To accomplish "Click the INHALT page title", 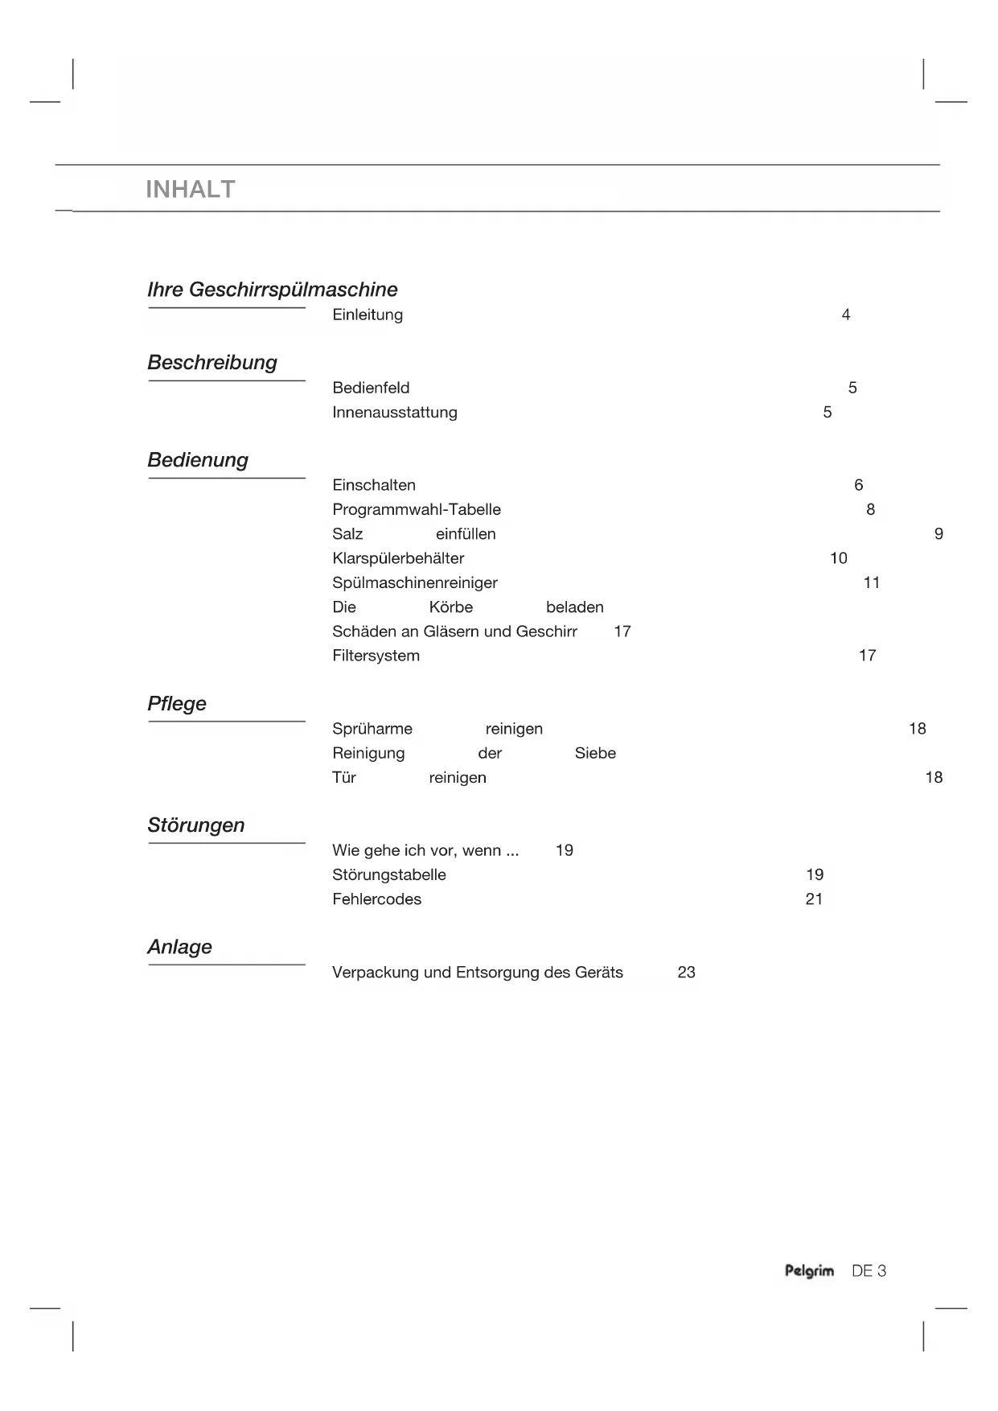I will point(191,190).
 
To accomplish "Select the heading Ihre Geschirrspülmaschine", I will point(272,290).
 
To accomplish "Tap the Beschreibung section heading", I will point(212,363).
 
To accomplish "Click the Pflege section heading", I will point(177,704).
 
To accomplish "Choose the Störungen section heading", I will point(195,825).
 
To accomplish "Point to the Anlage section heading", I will point(179,947).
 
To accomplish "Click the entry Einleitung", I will point(368,315).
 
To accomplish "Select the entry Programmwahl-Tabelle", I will point(417,510).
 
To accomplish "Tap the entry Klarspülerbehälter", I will point(398,558).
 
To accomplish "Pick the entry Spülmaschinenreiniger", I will point(415,583).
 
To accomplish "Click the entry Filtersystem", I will point(376,656).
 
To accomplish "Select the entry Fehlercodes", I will point(376,899).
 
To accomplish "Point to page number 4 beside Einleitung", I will point(846,315).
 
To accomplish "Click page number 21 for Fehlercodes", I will point(814,899).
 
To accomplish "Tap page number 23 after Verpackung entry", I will point(686,973).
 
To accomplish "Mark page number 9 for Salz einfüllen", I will point(938,534).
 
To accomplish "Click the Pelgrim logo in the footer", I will point(809,1271).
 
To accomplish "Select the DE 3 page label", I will point(869,1271).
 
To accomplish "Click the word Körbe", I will point(450,607).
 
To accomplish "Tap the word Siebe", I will point(595,754).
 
